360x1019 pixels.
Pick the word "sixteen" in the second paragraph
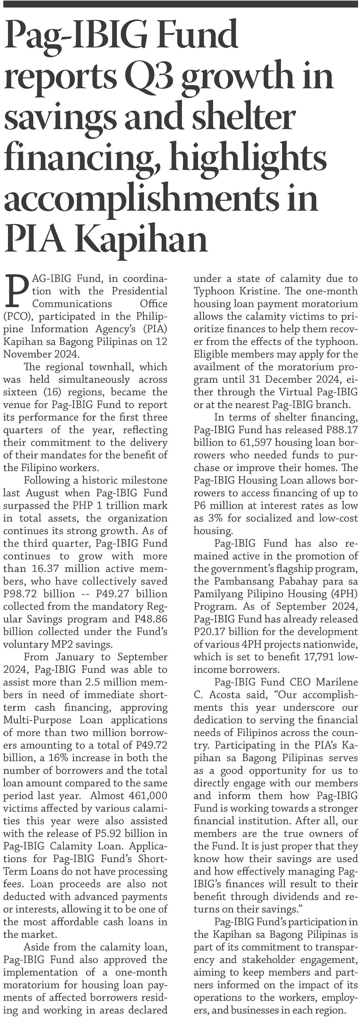[18, 392]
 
